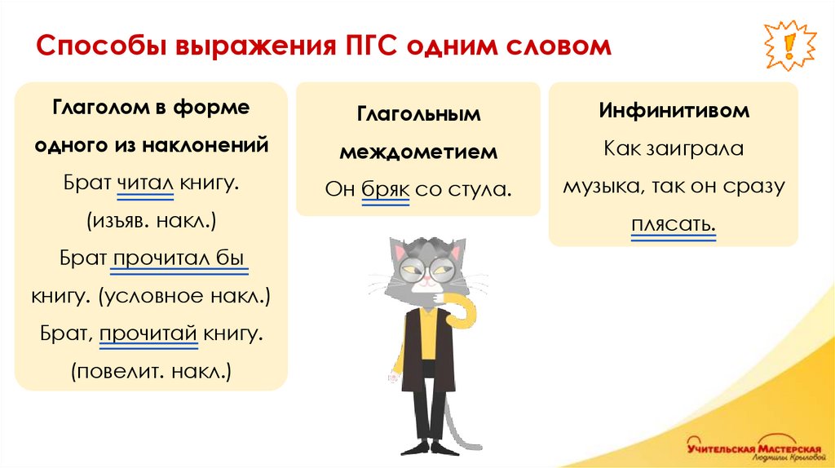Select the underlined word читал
[x=146, y=183]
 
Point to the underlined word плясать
[x=673, y=223]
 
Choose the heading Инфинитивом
[x=674, y=112]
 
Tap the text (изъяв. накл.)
[x=151, y=220]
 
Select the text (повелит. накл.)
[x=151, y=371]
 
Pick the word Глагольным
[x=418, y=114]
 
